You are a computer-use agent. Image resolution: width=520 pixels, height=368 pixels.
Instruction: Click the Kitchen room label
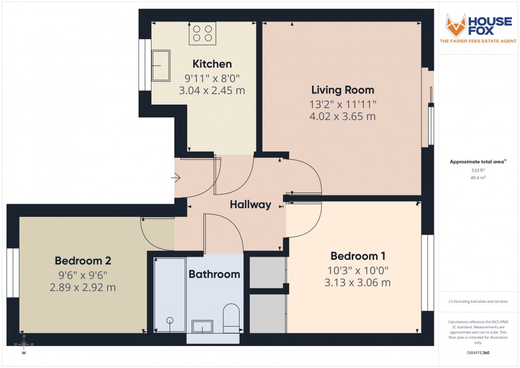coord(212,64)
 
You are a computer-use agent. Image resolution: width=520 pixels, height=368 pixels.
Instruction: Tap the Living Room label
coord(343,90)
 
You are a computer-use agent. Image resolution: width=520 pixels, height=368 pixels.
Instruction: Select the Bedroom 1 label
coord(357,256)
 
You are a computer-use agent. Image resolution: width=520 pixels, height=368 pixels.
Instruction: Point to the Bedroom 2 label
coord(83,261)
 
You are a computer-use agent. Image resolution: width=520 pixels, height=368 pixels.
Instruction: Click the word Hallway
coord(250,205)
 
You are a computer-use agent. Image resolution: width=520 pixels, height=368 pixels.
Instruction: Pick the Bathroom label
coord(214,274)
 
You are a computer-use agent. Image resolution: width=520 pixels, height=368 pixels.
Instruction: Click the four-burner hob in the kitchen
coord(202,33)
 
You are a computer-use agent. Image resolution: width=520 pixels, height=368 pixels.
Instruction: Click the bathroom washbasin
coord(202,326)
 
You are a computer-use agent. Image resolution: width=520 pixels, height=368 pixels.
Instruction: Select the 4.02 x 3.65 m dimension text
coord(343,116)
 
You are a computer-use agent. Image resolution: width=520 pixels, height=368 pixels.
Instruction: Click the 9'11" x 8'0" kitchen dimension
coord(212,79)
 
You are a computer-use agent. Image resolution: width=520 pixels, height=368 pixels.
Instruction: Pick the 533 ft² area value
coord(478,170)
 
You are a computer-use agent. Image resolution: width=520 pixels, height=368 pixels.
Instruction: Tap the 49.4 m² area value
coord(478,178)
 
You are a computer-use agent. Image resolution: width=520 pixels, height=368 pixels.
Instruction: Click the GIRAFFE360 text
coord(478,352)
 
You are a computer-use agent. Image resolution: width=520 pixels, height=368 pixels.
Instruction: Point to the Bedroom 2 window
coord(13,273)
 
